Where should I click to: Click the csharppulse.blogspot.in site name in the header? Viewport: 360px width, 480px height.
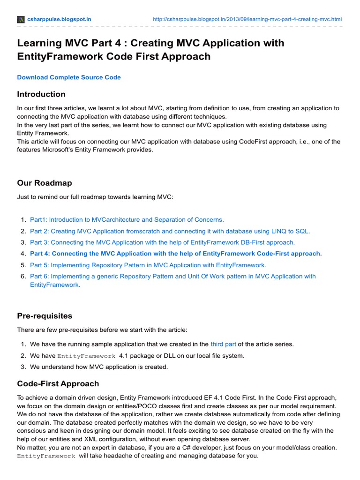[60, 19]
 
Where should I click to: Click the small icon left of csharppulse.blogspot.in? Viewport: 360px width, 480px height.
[21, 19]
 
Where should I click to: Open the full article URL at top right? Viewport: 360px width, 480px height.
[247, 19]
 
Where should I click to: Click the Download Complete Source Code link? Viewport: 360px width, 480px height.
[69, 77]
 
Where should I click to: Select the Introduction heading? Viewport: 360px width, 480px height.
[41, 94]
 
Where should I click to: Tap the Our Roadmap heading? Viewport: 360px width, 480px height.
[45, 183]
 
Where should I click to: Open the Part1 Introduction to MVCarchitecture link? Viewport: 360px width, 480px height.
[127, 219]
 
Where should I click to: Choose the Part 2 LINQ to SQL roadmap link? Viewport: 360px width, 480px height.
[170, 231]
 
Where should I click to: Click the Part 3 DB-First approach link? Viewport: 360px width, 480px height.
[162, 242]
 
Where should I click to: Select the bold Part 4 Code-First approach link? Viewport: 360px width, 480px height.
[176, 254]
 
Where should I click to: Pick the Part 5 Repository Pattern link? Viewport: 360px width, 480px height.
[148, 265]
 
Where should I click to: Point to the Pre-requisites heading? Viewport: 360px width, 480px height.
[45, 315]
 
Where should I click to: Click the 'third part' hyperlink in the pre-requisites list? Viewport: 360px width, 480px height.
[223, 344]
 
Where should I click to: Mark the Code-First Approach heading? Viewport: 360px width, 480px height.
[58, 383]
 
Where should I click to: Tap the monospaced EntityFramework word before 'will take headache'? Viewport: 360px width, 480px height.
[46, 456]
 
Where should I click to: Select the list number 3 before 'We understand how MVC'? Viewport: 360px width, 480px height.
[23, 367]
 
